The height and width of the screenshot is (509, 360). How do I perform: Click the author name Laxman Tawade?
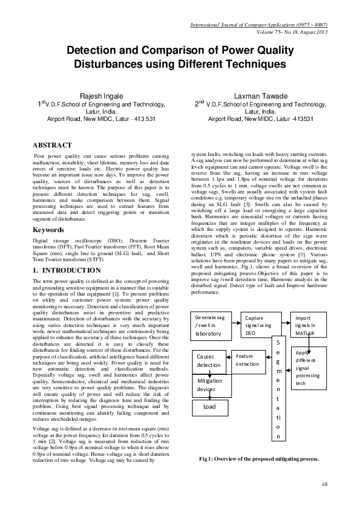pos(261,96)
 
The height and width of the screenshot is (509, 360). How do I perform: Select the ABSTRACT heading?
pos(52,146)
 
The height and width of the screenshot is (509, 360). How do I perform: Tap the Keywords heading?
pos(48,213)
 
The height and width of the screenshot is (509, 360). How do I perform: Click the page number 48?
pos(324,484)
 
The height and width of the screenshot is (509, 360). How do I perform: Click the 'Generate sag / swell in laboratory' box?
pos(212,325)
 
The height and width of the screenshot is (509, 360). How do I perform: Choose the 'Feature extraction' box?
pos(248,360)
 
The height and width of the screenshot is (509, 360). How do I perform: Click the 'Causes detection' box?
pos(209,360)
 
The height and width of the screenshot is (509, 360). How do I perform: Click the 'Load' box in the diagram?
pos(209,407)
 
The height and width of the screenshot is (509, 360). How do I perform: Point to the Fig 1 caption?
pos(259,459)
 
